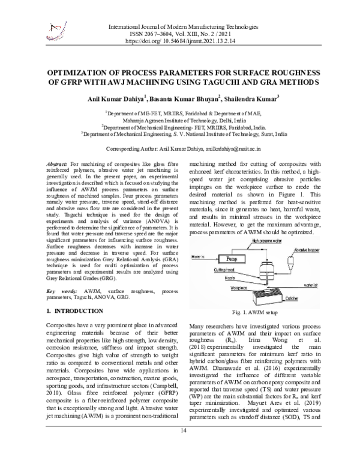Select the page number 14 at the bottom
pos(180,448)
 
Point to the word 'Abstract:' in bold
pos(58,164)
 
